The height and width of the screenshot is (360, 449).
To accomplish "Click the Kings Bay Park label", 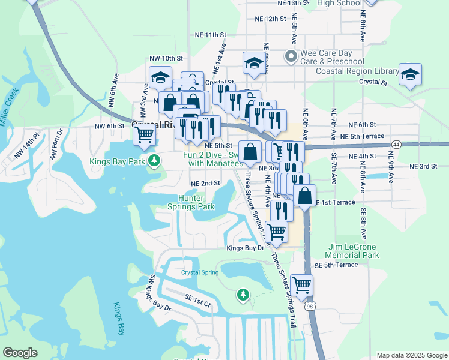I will (117, 161).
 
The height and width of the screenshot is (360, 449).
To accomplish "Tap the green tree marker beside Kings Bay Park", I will (155, 160).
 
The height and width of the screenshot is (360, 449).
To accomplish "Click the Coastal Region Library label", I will (357, 71).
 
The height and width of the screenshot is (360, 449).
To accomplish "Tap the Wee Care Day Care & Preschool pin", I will (292, 57).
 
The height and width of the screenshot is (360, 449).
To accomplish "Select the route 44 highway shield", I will (397, 145).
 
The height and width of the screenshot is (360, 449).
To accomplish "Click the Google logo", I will (20, 353).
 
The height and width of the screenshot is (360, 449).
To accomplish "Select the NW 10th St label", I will (166, 58).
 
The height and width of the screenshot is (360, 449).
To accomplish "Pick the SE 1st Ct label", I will (197, 304).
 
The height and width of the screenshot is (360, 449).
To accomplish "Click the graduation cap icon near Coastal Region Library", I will (411, 74).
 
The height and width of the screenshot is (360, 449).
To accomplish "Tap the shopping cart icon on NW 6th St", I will (145, 136).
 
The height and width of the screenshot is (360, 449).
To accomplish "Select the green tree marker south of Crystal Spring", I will (243, 294).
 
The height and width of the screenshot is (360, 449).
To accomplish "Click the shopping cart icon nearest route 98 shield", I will (301, 284).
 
